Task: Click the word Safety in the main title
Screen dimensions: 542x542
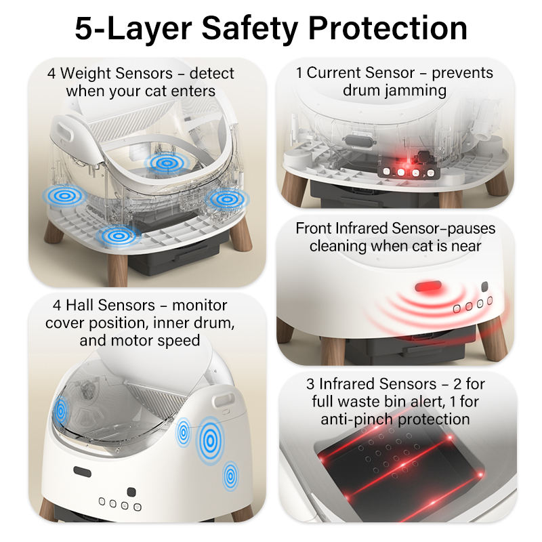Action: click(x=249, y=29)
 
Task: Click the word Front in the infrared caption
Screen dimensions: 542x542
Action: click(x=314, y=228)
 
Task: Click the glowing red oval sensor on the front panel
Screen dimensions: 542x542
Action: click(x=428, y=286)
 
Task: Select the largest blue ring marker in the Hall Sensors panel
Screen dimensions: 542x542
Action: click(x=210, y=440)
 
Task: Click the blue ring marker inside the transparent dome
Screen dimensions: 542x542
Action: click(x=61, y=411)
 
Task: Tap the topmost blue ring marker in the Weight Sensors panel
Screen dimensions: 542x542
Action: click(x=167, y=163)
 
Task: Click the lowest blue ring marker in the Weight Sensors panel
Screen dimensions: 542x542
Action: click(x=118, y=236)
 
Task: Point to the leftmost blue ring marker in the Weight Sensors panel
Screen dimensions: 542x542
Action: click(x=64, y=196)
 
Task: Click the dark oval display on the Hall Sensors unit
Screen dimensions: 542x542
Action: click(x=82, y=472)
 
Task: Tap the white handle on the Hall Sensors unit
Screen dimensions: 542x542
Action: click(x=225, y=401)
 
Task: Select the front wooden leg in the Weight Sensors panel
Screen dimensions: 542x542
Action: click(x=117, y=270)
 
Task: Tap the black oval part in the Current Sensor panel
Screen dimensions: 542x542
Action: click(x=358, y=142)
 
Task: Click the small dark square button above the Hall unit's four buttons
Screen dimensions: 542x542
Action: click(x=131, y=492)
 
